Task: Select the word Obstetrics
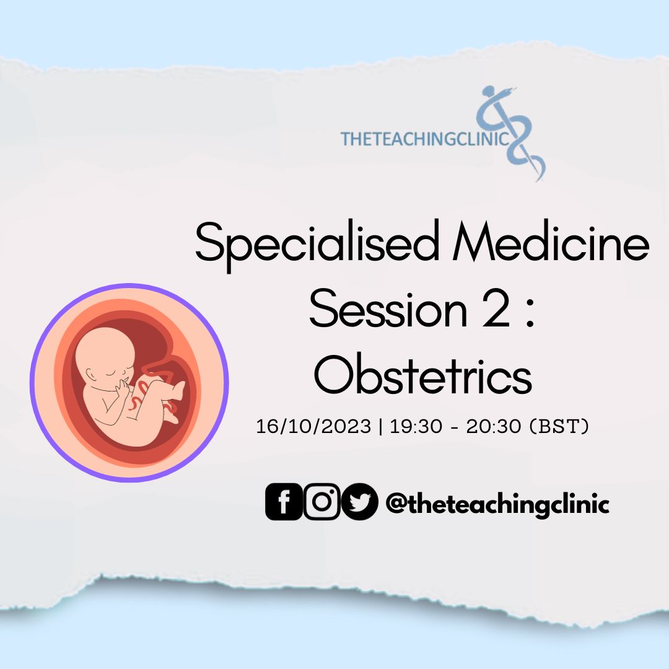click(423, 374)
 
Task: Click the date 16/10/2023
click(313, 426)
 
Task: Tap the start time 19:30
click(416, 426)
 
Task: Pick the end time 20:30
click(494, 426)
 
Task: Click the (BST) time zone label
click(559, 426)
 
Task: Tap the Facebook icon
click(284, 502)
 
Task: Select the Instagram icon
click(322, 502)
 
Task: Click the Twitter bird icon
click(360, 502)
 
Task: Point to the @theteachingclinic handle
click(497, 504)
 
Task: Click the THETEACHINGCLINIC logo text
click(425, 139)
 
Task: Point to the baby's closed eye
click(111, 372)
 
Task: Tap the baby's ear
click(91, 375)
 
